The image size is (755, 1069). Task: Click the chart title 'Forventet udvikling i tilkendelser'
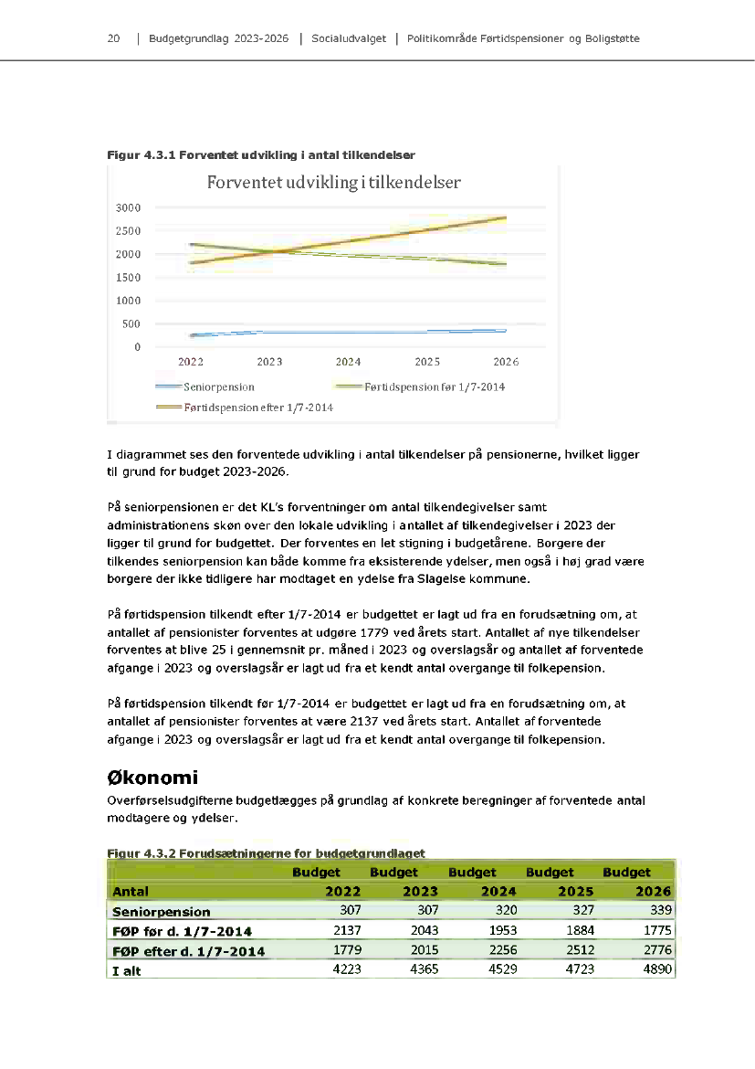click(x=333, y=182)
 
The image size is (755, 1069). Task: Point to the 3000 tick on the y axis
click(x=128, y=207)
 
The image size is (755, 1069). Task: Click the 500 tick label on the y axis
click(x=131, y=323)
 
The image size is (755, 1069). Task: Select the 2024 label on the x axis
click(x=348, y=363)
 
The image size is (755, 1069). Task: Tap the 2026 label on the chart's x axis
click(x=506, y=363)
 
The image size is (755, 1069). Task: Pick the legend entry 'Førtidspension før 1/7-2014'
click(x=434, y=387)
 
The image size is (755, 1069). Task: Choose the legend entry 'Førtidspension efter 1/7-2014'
click(x=258, y=407)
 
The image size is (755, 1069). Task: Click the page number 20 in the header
click(x=114, y=39)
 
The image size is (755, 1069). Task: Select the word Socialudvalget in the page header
click(x=349, y=39)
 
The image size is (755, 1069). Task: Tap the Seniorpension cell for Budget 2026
click(x=656, y=911)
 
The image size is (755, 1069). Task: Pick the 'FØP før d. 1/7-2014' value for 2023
click(x=423, y=931)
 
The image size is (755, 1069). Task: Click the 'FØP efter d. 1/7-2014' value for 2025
click(x=578, y=951)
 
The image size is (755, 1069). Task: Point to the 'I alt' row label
click(x=127, y=971)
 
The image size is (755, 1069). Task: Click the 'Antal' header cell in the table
click(x=131, y=891)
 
